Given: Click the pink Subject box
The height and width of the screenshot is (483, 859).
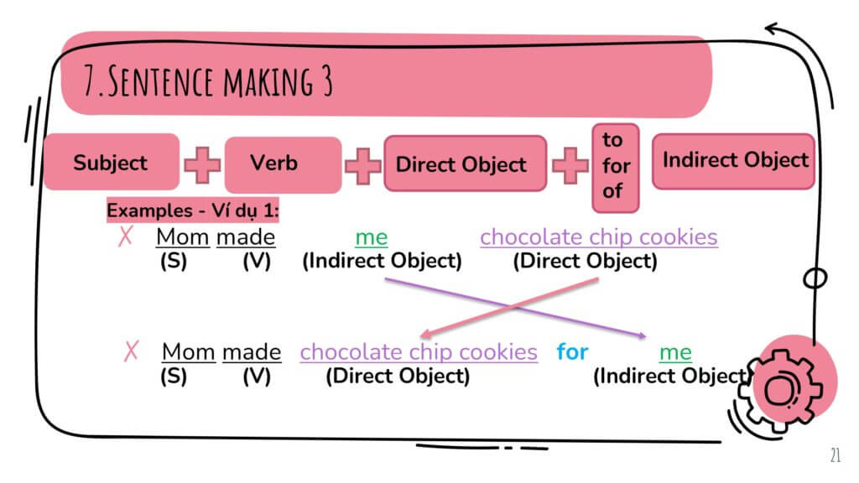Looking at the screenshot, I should [111, 162].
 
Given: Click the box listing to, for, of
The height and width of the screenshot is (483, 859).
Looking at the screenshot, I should [615, 166].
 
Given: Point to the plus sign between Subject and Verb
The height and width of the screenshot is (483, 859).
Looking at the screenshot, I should [202, 164].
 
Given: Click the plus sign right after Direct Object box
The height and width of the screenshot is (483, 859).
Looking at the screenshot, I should [570, 164].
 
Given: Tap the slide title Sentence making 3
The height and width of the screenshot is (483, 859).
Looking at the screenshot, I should [210, 80].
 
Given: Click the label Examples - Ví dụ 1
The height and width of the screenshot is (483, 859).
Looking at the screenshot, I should [192, 210].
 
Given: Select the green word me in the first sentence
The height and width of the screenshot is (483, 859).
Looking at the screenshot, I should [371, 237].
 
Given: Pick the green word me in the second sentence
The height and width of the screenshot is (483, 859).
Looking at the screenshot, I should [675, 351].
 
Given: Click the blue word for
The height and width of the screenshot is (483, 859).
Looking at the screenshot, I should [572, 351].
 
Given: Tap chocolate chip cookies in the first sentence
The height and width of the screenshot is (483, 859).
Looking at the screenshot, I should [598, 237].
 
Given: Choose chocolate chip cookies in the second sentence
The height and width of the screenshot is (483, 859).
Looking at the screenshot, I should [419, 351].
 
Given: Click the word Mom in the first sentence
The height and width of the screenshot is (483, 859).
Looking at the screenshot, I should [182, 237].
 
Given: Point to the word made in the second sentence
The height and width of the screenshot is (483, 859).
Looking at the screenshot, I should [251, 351].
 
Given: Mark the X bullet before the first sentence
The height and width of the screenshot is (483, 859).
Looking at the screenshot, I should [126, 237].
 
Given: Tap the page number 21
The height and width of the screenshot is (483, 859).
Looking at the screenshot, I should [835, 455].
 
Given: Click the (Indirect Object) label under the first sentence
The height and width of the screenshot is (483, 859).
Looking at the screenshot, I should [382, 261].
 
